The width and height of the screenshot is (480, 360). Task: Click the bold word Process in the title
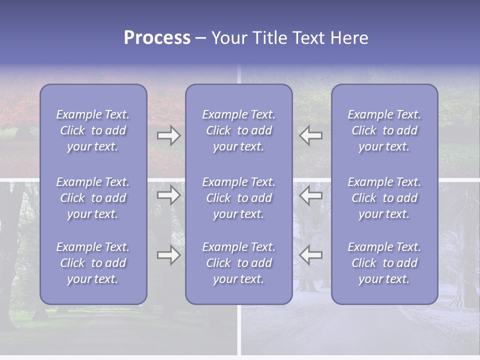(x=157, y=38)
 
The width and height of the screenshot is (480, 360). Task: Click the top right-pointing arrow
(x=168, y=135)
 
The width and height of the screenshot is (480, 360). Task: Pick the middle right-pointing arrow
(x=168, y=195)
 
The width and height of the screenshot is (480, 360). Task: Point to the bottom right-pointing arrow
(x=168, y=255)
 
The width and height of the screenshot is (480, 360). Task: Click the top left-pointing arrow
(x=311, y=135)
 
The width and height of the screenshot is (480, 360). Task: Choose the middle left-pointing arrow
(x=311, y=195)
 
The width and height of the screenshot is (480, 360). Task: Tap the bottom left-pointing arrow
(x=311, y=255)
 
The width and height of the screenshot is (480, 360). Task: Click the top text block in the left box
(x=93, y=130)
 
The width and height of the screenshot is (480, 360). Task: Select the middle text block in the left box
(x=93, y=198)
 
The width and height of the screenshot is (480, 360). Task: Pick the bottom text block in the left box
(x=93, y=263)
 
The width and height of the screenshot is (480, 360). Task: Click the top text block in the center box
(x=239, y=130)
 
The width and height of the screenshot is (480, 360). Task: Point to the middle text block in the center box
(x=239, y=198)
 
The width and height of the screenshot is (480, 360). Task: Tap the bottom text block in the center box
(x=239, y=263)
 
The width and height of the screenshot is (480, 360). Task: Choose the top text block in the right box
(x=384, y=130)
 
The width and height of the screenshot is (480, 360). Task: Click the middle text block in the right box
(x=384, y=198)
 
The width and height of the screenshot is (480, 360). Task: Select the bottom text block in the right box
(x=384, y=263)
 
